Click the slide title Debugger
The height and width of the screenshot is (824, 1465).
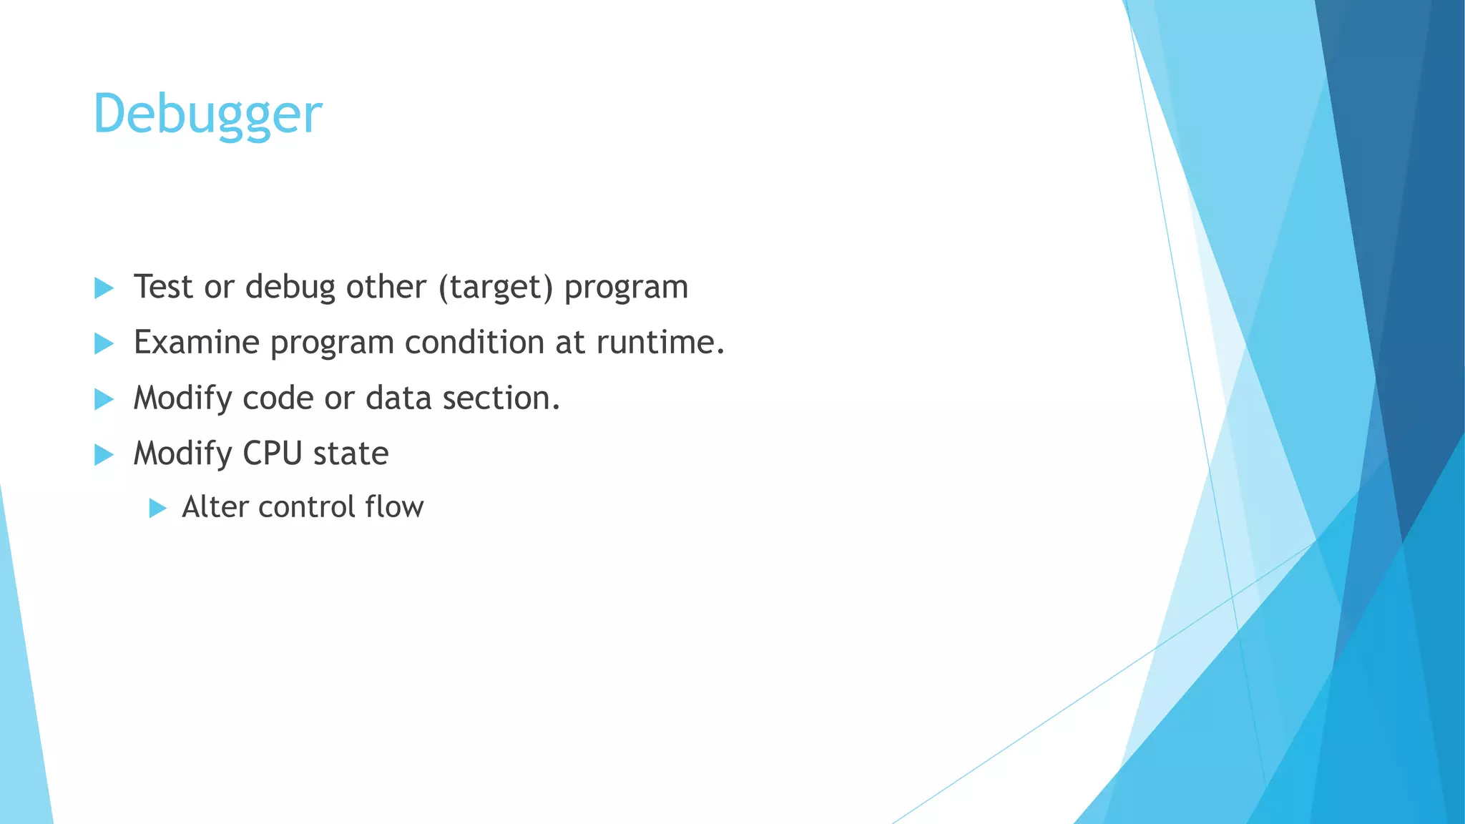click(207, 114)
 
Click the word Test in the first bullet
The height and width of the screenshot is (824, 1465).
click(164, 287)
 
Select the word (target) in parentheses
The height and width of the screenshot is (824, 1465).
click(496, 288)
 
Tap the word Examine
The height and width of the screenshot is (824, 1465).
click(197, 342)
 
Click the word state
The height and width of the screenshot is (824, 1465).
click(351, 453)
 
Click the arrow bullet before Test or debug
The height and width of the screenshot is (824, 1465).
click(104, 288)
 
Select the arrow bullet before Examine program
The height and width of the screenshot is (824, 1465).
click(104, 343)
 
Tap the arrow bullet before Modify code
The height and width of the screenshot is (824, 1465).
click(104, 399)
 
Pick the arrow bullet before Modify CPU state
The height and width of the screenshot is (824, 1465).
click(104, 454)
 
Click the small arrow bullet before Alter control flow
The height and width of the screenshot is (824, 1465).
click(158, 509)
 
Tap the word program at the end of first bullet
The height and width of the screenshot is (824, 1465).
click(626, 288)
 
